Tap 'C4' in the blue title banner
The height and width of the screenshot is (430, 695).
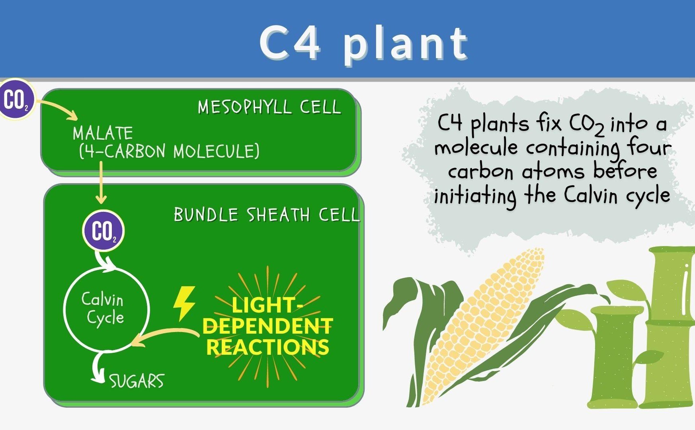[289, 42]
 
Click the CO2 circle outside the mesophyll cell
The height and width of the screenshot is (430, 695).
[16, 100]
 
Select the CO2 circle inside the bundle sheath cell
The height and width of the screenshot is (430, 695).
[103, 231]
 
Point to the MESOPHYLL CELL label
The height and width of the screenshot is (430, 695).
[269, 107]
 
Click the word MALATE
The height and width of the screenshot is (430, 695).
[103, 133]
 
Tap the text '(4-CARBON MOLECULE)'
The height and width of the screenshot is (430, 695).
[169, 151]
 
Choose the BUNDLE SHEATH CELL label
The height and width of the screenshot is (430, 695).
[267, 215]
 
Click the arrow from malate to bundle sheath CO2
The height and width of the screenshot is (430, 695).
[101, 182]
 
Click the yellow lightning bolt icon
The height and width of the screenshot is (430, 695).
[184, 303]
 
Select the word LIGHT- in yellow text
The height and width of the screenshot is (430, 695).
[267, 305]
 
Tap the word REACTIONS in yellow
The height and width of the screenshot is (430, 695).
[267, 347]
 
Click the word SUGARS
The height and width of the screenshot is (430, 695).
[137, 381]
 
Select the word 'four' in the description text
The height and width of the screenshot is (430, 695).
[649, 147]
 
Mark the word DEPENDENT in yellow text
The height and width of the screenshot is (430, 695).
[267, 326]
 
